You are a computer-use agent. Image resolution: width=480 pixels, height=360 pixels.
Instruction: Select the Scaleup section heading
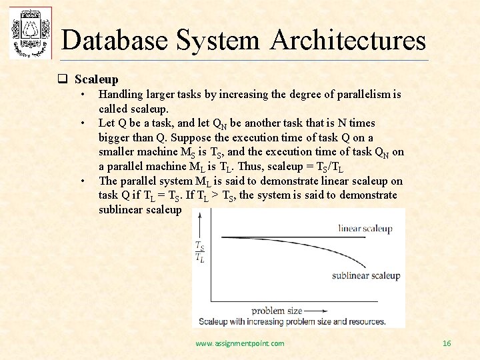click(x=96, y=79)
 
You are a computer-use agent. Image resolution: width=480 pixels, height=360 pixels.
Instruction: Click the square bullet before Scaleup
click(x=61, y=79)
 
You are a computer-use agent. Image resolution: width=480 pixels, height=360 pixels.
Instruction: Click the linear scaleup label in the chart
click(x=365, y=229)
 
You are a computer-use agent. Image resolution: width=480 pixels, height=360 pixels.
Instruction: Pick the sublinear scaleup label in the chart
click(x=365, y=275)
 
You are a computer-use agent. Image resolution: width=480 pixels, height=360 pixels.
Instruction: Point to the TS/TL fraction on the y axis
click(x=199, y=252)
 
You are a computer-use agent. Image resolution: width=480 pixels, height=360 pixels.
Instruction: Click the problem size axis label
click(x=277, y=310)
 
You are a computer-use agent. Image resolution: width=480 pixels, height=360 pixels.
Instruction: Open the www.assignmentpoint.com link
click(x=239, y=343)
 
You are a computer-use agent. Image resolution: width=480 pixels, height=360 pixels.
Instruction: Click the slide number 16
click(x=447, y=343)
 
